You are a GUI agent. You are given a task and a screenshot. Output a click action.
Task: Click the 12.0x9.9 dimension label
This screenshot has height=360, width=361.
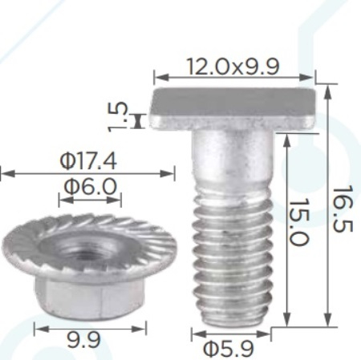click(233, 67)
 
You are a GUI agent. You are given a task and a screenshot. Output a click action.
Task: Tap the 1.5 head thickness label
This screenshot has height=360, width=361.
click(118, 117)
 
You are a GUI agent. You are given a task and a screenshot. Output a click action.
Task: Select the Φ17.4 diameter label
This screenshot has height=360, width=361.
click(88, 161)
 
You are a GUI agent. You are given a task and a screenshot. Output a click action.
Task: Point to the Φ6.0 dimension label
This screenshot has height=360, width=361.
click(91, 186)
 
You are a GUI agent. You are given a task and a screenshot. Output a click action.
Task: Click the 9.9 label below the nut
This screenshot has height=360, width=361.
click(83, 340)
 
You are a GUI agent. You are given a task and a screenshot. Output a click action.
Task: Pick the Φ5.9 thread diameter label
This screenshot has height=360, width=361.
click(228, 349)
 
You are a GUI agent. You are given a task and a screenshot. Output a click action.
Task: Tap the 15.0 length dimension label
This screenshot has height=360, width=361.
click(299, 221)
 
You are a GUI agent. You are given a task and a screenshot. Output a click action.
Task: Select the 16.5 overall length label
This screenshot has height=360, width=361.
click(343, 209)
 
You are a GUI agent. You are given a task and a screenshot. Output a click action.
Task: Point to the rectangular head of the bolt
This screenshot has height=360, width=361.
click(233, 108)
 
